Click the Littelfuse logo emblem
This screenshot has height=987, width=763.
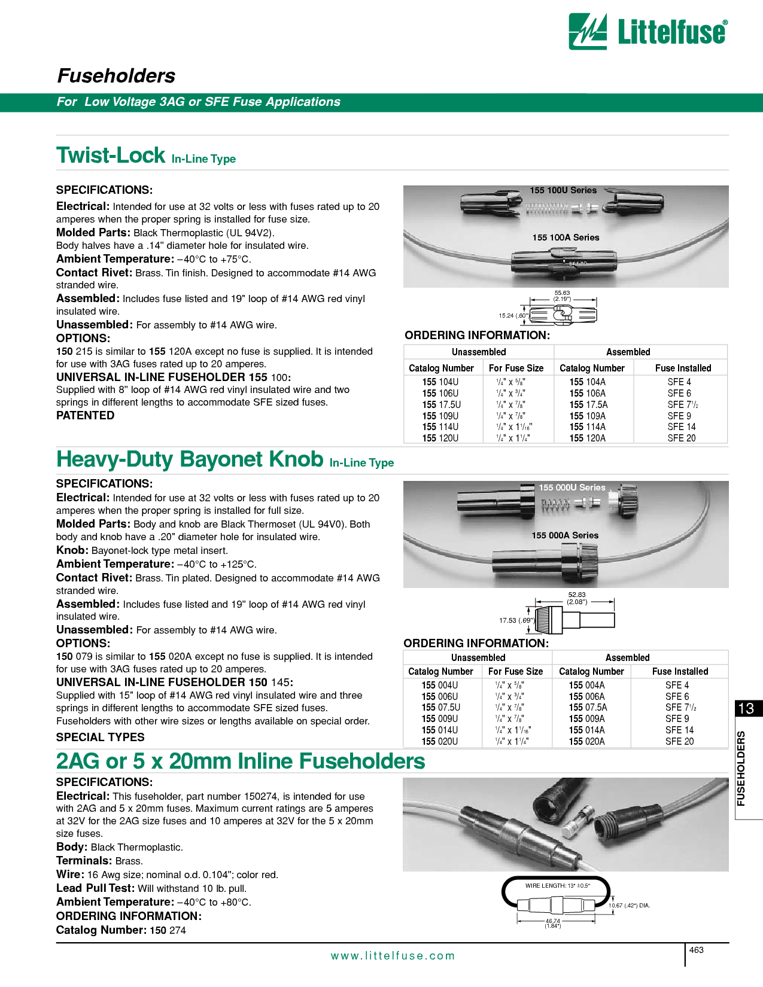(587, 31)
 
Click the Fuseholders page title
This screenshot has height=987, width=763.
(116, 76)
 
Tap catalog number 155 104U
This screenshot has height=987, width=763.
(440, 382)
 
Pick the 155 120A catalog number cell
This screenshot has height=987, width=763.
(587, 438)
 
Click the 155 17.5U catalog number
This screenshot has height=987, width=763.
(441, 405)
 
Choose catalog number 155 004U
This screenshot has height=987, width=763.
(439, 686)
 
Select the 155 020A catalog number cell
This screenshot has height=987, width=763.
(586, 742)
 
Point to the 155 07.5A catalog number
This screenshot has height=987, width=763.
(588, 708)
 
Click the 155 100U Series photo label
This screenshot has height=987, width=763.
(563, 190)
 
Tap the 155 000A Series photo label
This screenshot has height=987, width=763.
(565, 535)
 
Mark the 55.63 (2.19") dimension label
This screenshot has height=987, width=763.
(562, 296)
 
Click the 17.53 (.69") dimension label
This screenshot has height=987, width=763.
(516, 620)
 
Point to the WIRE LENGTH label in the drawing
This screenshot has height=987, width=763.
(558, 886)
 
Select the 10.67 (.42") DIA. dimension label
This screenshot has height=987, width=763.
(630, 905)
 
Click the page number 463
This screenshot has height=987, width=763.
(696, 950)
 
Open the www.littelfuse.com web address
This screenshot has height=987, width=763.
(393, 956)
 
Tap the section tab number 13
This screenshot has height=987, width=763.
(746, 709)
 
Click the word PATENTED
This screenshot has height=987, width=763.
(85, 416)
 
